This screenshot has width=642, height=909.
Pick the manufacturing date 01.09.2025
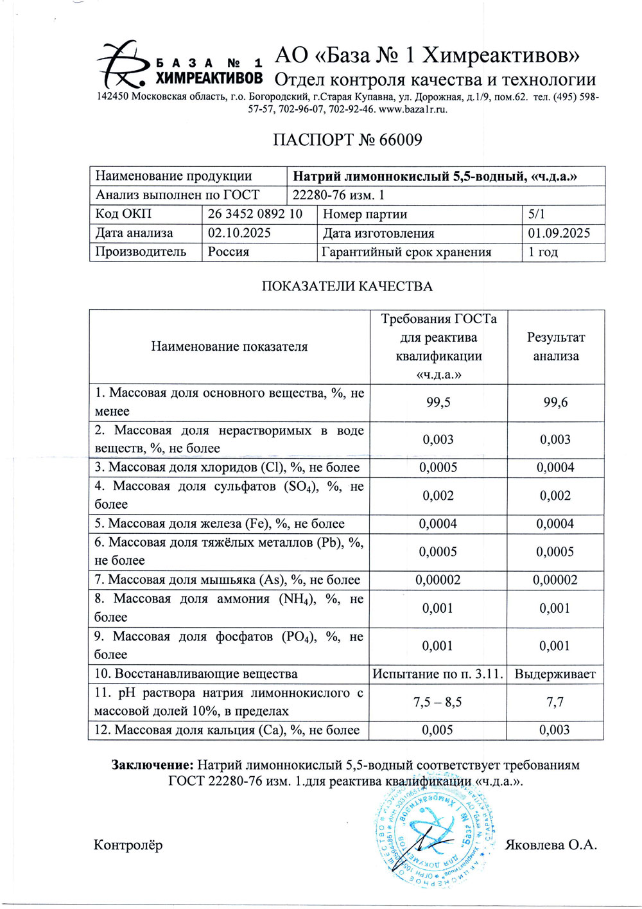559,233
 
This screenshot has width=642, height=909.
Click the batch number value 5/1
536,214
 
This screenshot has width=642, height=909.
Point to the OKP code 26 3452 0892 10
255,214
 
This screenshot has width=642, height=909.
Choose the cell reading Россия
229,251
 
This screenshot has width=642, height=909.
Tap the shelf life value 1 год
543,252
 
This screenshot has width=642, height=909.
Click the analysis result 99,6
555,402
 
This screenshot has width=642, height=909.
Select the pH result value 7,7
555,702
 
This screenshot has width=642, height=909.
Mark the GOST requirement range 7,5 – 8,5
438,702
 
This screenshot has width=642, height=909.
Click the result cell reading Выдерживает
555,674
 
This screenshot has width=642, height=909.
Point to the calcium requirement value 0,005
437,730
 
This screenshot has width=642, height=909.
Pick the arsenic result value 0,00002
555,579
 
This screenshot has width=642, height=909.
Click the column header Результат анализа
555,346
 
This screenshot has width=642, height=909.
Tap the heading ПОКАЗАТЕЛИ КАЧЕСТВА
347,287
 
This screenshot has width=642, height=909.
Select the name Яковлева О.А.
551,845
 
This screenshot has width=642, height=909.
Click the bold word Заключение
152,764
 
